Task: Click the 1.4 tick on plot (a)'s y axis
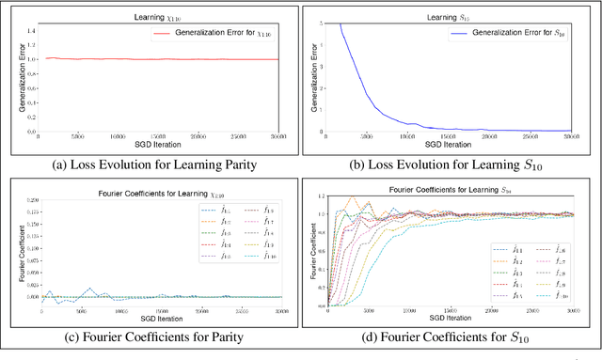point(31,31)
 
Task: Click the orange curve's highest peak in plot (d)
point(354,197)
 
